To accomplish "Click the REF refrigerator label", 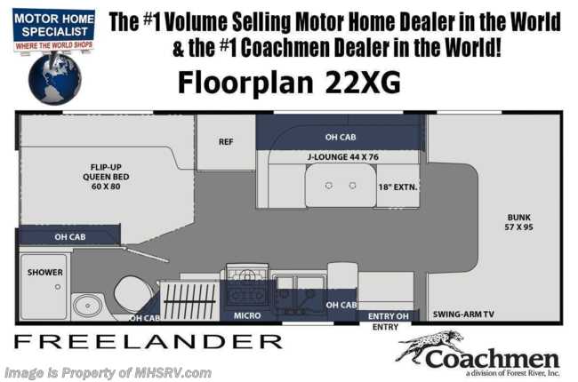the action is [226, 141].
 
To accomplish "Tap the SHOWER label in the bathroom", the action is [45, 272].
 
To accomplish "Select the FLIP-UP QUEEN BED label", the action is [106, 177].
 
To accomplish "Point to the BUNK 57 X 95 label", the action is [518, 222].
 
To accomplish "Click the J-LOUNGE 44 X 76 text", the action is [343, 157].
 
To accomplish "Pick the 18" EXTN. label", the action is [397, 187].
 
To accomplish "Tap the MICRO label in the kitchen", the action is [247, 315].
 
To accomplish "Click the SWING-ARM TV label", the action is [463, 314].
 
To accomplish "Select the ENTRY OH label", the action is [389, 316].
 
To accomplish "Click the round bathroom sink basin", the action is [88, 306].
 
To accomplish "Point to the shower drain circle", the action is [58, 287].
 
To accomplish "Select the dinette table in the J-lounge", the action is [341, 185].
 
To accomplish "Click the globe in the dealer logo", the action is [54, 79].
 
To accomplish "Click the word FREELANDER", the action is [149, 342].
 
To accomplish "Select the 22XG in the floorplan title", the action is [362, 83].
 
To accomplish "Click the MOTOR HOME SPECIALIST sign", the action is [54, 29].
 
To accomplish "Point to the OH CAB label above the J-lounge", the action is [341, 137].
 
